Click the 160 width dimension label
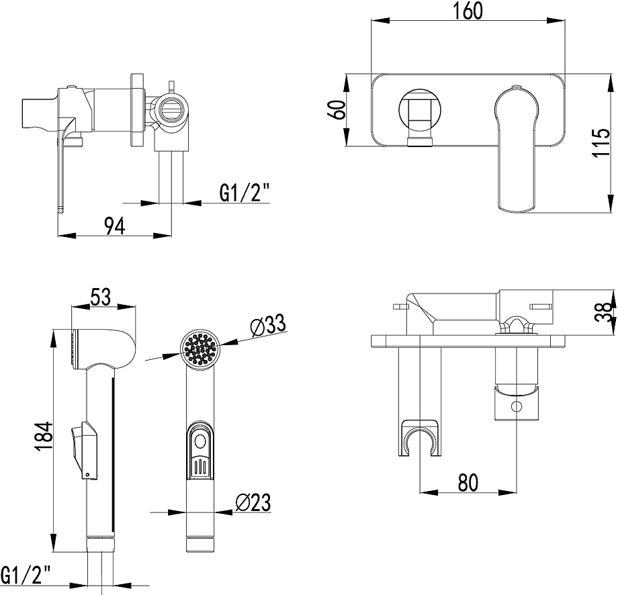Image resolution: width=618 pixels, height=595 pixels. coord(468,12)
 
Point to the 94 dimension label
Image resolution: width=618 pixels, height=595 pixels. coord(114,226)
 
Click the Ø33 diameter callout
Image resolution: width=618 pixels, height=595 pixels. coord(267,326)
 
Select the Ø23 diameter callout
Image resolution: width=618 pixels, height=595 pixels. coord(254,502)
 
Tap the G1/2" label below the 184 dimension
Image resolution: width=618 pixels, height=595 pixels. coord(26,575)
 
